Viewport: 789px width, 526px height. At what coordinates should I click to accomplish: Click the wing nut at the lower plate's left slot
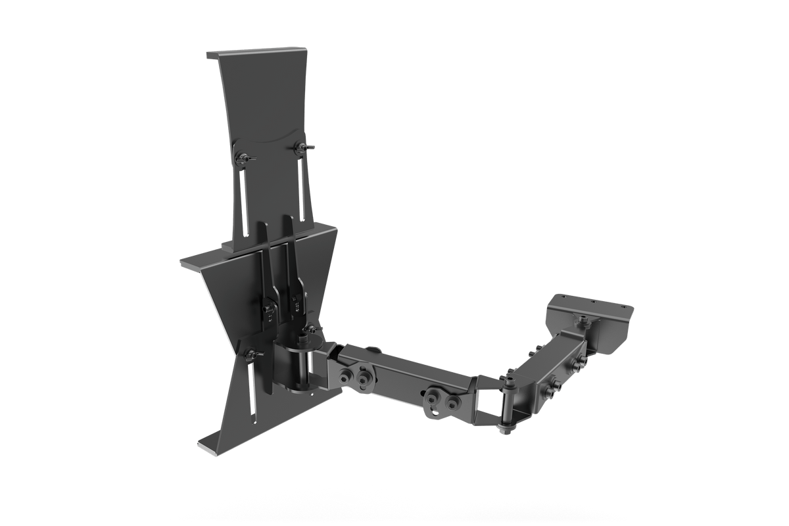[x=251, y=355]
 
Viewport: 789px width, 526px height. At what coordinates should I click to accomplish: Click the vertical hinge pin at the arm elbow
[x=508, y=404]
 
